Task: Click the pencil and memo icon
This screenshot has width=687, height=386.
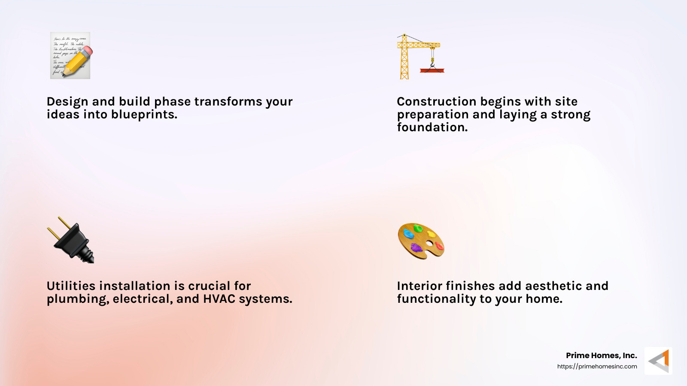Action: click(70, 55)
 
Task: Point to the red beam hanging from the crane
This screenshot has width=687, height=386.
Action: click(432, 70)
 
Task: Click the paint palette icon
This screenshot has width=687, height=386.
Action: click(421, 241)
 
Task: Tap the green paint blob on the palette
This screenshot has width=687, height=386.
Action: click(417, 228)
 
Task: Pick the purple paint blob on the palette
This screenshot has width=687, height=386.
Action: click(416, 247)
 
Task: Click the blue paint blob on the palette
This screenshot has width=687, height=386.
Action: click(408, 234)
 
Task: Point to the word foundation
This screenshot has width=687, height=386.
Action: click(432, 127)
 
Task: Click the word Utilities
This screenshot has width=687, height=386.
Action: click(71, 286)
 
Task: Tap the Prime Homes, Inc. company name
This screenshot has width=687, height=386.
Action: click(601, 356)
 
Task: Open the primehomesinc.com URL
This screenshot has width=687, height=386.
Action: click(597, 366)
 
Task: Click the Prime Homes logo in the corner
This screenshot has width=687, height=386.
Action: click(659, 361)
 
